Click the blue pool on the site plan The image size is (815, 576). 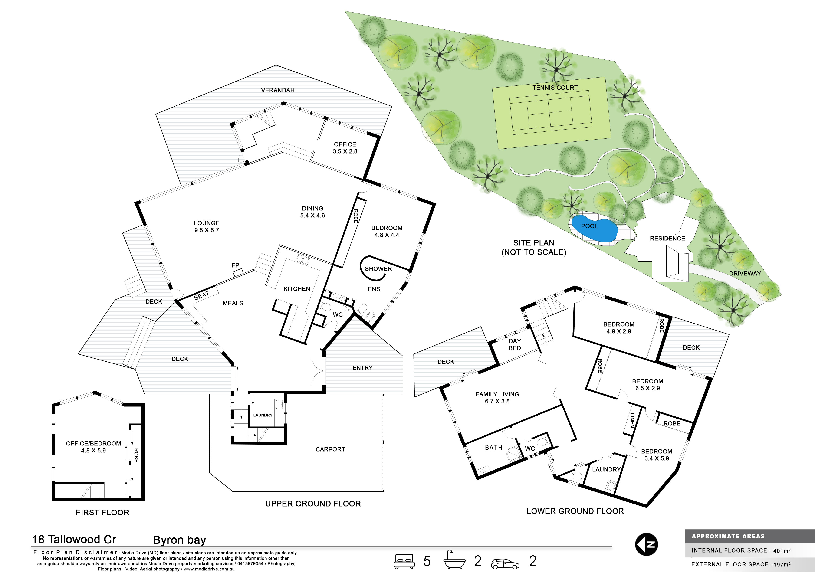click(x=594, y=229)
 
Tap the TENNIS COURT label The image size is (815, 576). click(x=555, y=88)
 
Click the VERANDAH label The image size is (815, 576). click(x=278, y=90)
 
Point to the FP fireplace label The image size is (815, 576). click(x=235, y=265)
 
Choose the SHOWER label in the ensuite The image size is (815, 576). click(x=378, y=269)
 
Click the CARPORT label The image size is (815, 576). click(x=330, y=449)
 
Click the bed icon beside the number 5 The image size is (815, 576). click(x=404, y=561)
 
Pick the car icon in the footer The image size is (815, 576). click(x=505, y=564)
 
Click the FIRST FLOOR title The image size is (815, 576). click(x=103, y=512)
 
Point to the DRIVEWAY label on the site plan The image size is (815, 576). click(x=745, y=273)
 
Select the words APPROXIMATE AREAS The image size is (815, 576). click(x=728, y=536)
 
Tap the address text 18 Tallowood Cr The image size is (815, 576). click(x=74, y=540)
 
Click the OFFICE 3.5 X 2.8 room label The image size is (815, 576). click(x=345, y=148)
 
